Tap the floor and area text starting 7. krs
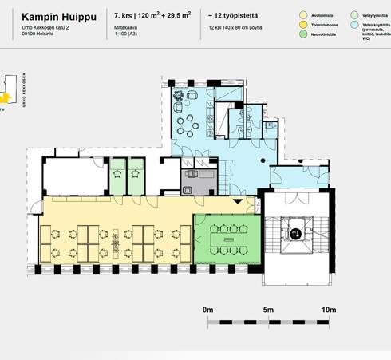pos(152,15)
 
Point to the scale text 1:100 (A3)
pos(128,34)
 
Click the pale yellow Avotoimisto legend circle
pos(302,14)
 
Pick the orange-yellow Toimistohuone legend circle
pos(302,25)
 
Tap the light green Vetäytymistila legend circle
pos(354,14)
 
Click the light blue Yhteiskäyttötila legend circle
pos(354,25)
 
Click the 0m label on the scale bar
pos(208,309)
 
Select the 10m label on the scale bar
pos(328,309)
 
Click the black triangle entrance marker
pos(237,203)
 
